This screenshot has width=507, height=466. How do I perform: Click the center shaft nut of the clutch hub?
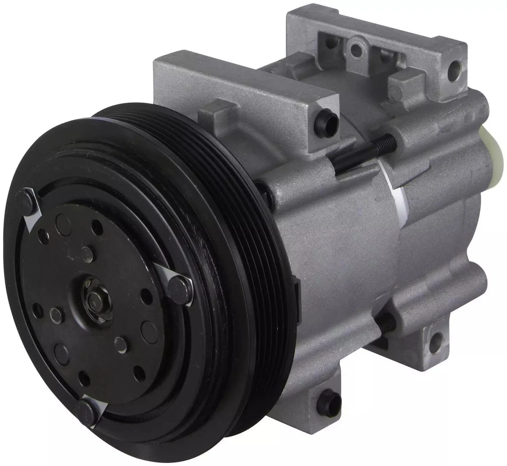tap(95, 300)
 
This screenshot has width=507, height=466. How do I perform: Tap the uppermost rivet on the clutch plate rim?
tap(26, 201)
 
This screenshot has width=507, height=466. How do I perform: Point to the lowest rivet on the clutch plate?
tap(86, 410)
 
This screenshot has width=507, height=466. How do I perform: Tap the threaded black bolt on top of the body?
tap(364, 153)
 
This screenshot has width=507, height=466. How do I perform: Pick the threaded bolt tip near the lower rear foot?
tap(387, 323)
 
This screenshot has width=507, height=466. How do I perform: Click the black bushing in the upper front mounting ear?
tap(325, 122)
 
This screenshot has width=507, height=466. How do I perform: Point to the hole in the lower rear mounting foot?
tap(436, 343)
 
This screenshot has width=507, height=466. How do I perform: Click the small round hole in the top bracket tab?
tap(356, 50)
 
